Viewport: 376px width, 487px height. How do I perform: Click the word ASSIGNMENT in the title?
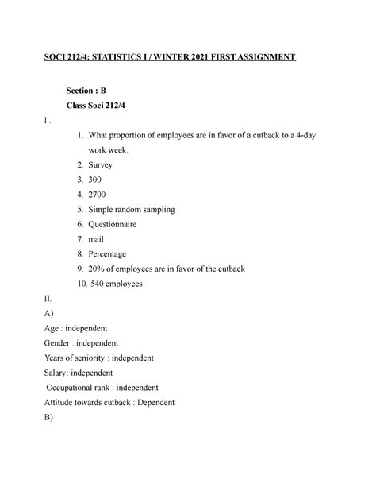pyautogui.click(x=259, y=57)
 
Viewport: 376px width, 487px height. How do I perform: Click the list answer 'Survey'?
pyautogui.click(x=101, y=164)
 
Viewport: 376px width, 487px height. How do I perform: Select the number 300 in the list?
pyautogui.click(x=97, y=180)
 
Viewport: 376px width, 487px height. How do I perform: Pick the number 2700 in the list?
pyautogui.click(x=99, y=194)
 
